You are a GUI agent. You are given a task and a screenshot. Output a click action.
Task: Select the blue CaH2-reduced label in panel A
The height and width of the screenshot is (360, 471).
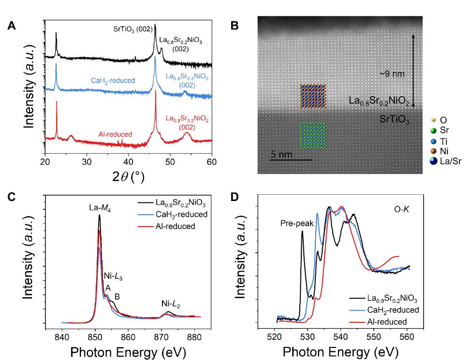coord(113,81)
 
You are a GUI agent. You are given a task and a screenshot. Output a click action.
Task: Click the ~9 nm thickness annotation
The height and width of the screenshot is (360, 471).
coord(391,74)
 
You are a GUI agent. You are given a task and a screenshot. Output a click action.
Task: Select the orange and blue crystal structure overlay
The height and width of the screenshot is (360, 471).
coord(313,96)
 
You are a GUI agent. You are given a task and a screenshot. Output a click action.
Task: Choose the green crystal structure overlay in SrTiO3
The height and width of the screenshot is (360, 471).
coord(313,135)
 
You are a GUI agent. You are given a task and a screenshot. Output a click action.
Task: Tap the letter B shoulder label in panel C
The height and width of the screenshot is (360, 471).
coord(117,296)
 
